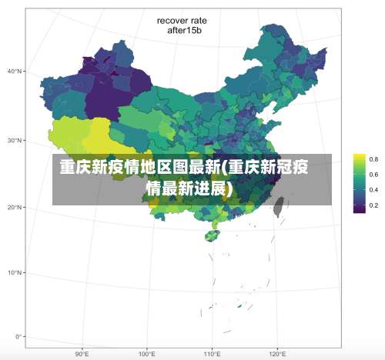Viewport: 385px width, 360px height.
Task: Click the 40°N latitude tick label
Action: click(x=15, y=71)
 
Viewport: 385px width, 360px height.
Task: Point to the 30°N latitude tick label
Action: click(x=15, y=141)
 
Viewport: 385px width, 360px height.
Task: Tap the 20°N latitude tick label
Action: click(x=15, y=207)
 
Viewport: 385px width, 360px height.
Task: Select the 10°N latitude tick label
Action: click(x=15, y=272)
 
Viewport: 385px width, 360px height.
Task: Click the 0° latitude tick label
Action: click(x=18, y=336)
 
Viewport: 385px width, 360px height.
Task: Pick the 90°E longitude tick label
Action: click(x=82, y=354)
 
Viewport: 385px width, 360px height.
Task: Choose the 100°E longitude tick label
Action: click(x=147, y=354)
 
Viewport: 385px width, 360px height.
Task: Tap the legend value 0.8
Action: click(x=373, y=159)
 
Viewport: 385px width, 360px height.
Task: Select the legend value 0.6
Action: click(x=373, y=175)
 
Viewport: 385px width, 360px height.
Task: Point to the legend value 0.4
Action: click(x=373, y=190)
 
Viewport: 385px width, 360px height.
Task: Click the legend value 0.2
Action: click(x=373, y=205)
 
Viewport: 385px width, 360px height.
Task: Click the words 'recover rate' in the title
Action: click(x=183, y=21)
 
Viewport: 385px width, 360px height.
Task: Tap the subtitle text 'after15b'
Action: click(x=183, y=32)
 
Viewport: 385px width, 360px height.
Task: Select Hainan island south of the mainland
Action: click(x=210, y=234)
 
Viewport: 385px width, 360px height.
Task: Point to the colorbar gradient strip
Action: click(x=359, y=182)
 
